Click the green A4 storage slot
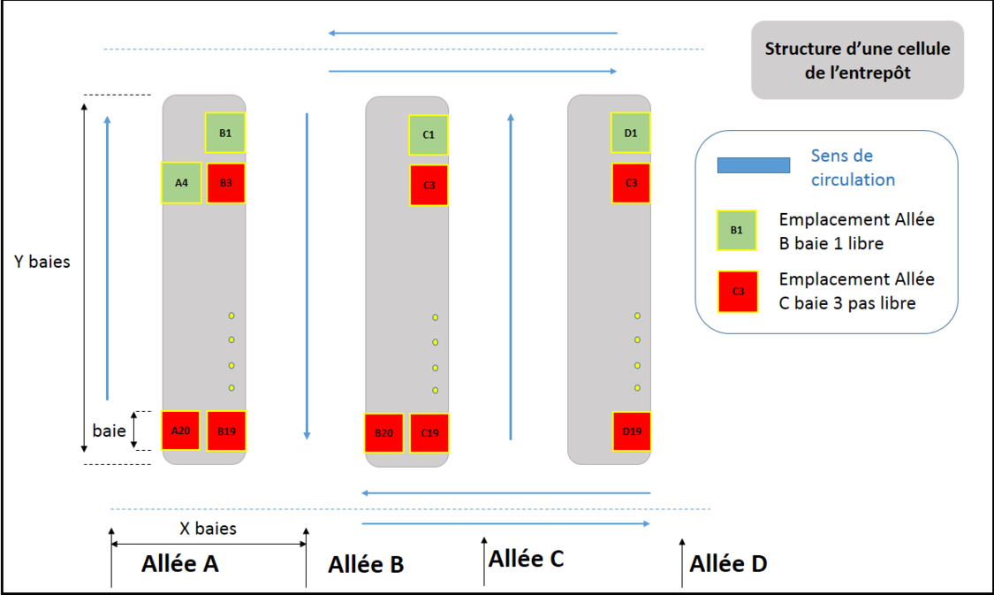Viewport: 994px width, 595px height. (181, 183)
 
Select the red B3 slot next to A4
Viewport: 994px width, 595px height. (226, 183)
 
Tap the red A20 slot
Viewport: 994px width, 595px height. (181, 431)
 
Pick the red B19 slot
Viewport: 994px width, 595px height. (226, 431)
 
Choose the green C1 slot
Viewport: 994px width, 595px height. (429, 134)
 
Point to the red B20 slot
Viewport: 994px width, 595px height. (384, 433)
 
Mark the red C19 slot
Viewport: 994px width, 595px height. (429, 433)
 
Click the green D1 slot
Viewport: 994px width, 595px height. (631, 133)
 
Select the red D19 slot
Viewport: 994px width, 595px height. (632, 431)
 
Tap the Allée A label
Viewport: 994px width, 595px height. (180, 563)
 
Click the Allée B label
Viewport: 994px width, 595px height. (366, 564)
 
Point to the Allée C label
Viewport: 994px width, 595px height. (526, 558)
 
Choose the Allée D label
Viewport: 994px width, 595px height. (728, 563)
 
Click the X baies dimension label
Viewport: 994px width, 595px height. (209, 528)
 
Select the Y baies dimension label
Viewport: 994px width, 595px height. (42, 262)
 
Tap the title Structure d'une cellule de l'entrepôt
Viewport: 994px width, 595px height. (857, 60)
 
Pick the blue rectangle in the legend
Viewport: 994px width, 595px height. (754, 165)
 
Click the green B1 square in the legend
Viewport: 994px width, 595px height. (737, 230)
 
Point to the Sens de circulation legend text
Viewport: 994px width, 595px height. (853, 167)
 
